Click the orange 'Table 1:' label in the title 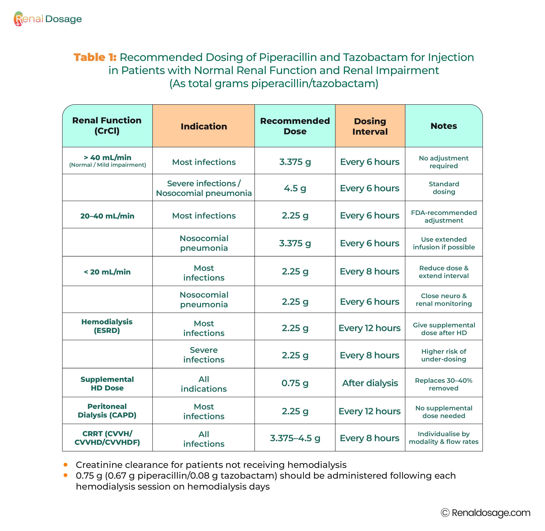click(x=95, y=57)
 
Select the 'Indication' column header click(x=204, y=126)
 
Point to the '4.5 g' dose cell click(x=295, y=188)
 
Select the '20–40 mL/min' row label click(x=107, y=216)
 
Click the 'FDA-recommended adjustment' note click(x=444, y=216)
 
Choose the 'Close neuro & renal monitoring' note click(x=444, y=300)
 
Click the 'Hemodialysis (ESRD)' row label click(x=107, y=326)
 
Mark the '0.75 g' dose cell click(x=295, y=383)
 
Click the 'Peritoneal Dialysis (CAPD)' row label click(x=107, y=411)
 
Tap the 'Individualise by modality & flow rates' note click(x=444, y=438)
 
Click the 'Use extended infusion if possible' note click(x=444, y=243)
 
